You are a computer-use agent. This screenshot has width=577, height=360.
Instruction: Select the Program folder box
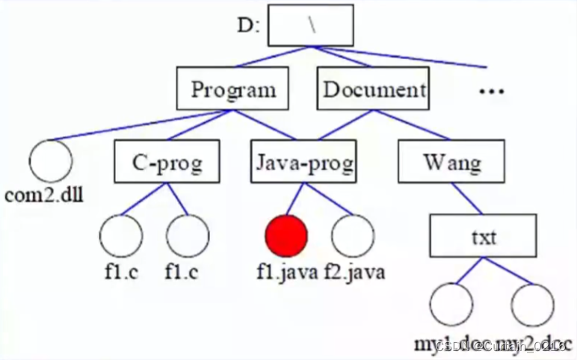pos(232,90)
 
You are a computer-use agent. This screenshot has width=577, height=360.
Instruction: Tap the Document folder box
pos(373,90)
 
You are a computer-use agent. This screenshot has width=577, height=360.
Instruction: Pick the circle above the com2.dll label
pos(51,161)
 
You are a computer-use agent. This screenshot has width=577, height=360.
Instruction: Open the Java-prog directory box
pos(303,161)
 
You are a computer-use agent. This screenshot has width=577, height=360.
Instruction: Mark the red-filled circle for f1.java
pos(286,235)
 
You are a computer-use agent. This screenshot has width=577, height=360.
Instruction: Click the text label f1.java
pos(287,271)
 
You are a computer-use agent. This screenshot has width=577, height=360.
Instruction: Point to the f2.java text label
pos(355,271)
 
